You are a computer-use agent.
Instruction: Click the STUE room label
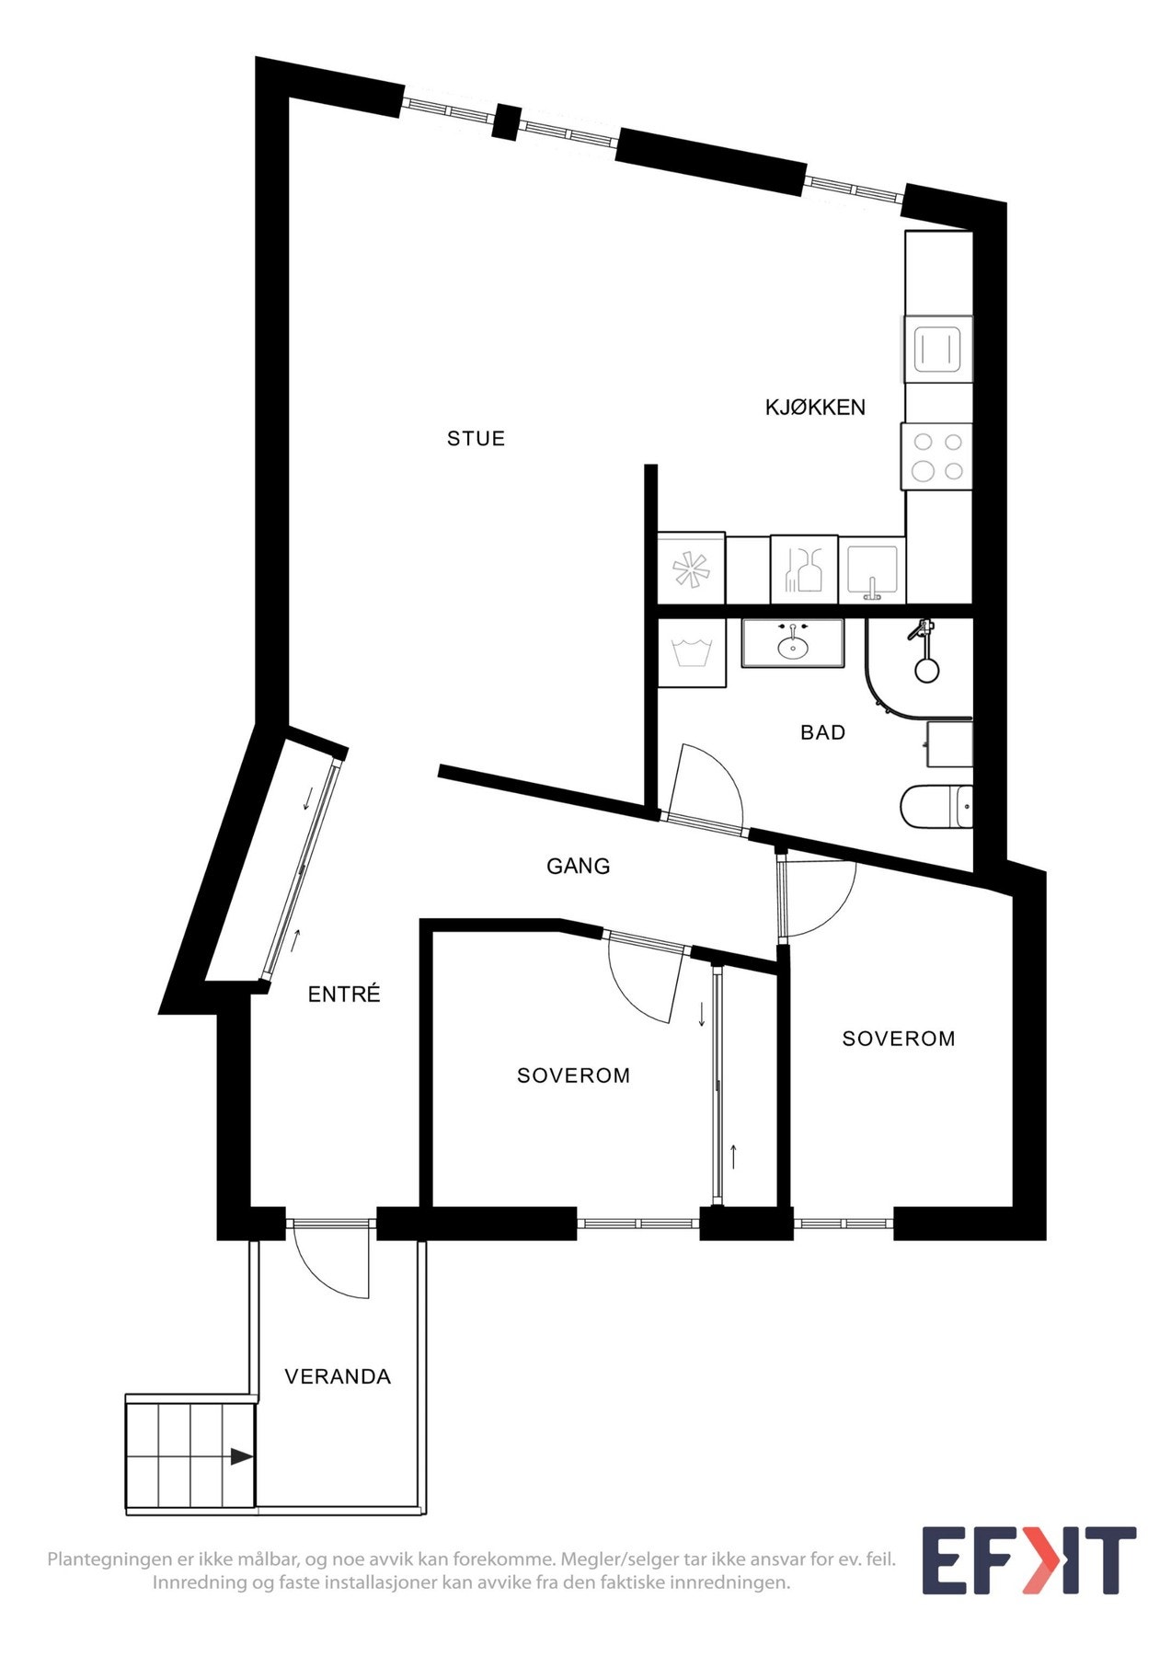pos(476,439)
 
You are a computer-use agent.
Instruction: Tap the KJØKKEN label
pos(815,408)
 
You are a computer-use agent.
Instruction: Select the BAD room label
pos(822,732)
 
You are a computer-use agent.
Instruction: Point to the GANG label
pos(578,866)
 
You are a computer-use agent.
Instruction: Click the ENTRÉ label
pos(344,995)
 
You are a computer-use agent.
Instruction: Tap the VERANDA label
pos(338,1376)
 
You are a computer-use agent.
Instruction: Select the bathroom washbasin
pos(793,644)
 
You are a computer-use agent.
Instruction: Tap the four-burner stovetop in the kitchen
pos(937,457)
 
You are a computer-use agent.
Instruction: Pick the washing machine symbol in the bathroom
pos(692,653)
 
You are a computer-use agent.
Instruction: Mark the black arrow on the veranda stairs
pos(241,1456)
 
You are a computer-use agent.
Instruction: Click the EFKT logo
pos(1028,1560)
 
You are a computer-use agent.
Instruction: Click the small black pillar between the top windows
pos(506,121)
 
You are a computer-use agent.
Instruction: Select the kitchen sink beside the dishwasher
pos(872,569)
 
